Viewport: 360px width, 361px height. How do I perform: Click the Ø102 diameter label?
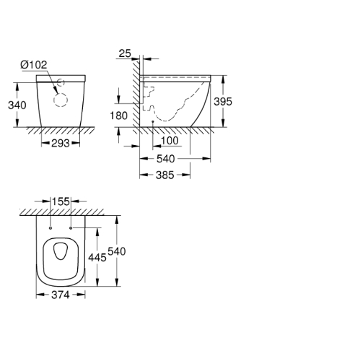tap(34, 65)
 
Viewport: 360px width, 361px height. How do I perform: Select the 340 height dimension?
tap(17, 105)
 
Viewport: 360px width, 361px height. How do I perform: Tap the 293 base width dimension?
tap(61, 144)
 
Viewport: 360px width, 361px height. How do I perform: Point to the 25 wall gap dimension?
tap(125, 53)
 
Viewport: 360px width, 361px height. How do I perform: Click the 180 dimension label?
tap(119, 116)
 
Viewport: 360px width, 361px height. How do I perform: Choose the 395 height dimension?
tap(223, 102)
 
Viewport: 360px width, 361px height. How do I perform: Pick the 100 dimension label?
tap(170, 141)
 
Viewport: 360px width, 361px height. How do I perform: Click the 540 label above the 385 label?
tap(165, 159)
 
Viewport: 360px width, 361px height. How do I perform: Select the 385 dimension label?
tap(164, 175)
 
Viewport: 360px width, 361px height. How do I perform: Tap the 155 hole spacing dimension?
tap(61, 201)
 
